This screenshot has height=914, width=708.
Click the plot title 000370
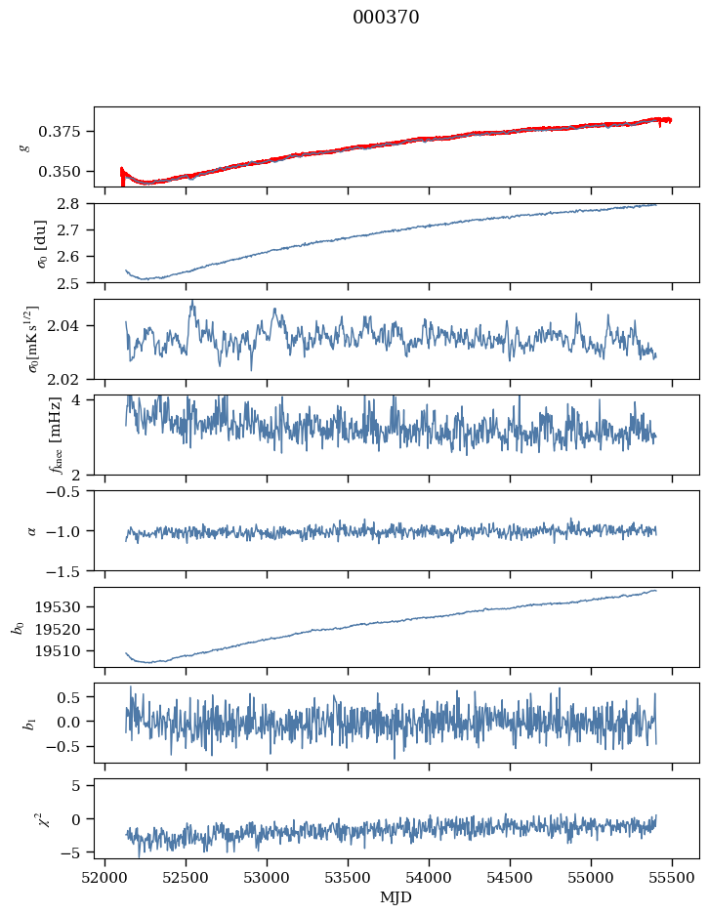[x=386, y=18]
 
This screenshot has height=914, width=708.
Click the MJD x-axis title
[x=396, y=897]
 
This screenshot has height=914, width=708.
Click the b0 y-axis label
[x=17, y=626]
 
